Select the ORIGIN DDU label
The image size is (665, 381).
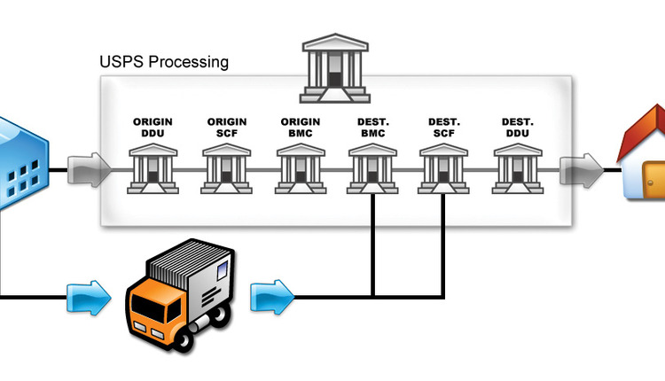[153, 127]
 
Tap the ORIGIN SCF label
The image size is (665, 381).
[226, 127]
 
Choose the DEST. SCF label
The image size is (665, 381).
[443, 127]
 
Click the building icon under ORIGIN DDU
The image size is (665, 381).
[153, 168]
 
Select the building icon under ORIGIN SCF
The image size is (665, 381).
[227, 168]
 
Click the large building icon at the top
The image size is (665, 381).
[335, 68]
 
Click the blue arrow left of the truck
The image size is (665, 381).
[88, 297]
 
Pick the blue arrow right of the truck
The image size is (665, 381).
[271, 297]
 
